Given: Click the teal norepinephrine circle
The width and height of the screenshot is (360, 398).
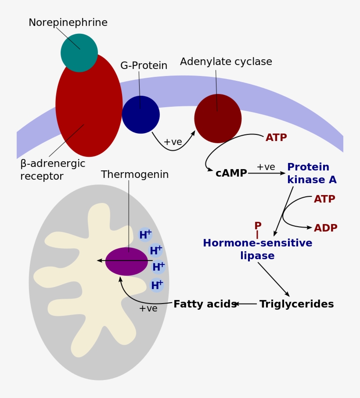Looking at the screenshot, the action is [79, 53].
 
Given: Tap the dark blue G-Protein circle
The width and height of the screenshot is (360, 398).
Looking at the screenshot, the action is [141, 115].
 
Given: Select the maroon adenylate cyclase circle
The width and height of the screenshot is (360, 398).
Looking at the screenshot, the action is [218, 119].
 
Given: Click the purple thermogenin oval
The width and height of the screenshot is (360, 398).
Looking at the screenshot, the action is [126, 261].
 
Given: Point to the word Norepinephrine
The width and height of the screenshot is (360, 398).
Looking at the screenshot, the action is [68, 22].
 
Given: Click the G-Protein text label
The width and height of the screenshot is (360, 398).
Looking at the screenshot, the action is [144, 65].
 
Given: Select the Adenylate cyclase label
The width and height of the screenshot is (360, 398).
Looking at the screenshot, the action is [226, 62].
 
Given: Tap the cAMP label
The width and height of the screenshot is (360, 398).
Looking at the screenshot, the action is [231, 173].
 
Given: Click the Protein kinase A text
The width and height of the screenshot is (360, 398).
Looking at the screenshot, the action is [312, 173].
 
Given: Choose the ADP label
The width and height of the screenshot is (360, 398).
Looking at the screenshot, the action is [325, 228].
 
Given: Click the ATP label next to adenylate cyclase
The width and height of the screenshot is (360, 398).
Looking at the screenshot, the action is [276, 137].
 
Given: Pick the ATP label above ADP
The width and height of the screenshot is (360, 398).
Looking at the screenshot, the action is [324, 199].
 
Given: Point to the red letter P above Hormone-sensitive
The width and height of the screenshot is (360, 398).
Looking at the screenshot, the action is [258, 225].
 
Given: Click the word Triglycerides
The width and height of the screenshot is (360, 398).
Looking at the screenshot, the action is [297, 304].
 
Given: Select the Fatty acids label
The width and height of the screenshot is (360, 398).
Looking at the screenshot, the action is [205, 304].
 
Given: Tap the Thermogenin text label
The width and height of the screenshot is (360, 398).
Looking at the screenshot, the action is [135, 175].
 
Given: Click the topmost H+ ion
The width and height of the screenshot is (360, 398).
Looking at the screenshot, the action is [145, 235].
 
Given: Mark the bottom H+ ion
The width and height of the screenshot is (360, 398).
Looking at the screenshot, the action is [157, 285].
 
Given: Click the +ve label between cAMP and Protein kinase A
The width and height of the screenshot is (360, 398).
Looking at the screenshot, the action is [266, 167].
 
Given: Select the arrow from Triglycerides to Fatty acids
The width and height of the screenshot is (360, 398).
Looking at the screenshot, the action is [246, 304].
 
